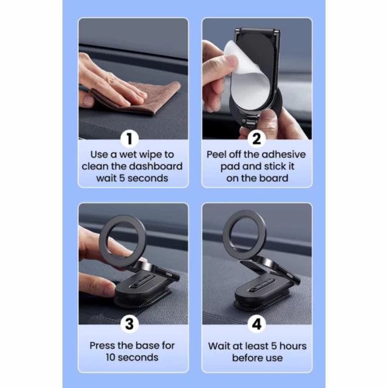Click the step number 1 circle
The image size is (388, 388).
(130, 139)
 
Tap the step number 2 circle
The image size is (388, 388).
(256, 139)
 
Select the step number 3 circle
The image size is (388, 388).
(130, 324)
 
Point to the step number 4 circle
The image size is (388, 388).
(256, 324)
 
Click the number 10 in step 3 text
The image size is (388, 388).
(110, 358)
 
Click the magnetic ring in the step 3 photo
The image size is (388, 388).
(122, 241)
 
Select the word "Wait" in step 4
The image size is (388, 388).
(219, 346)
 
